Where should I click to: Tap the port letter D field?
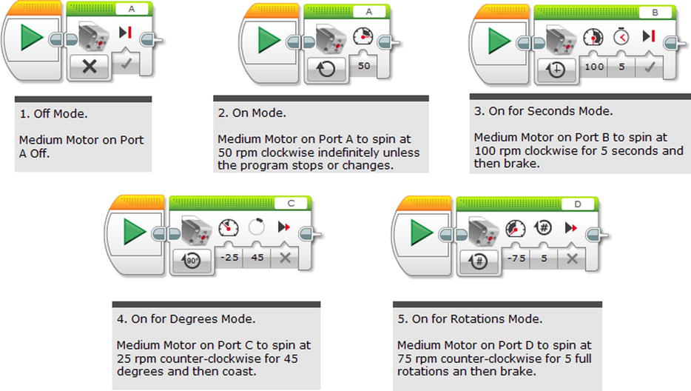pos(576,203)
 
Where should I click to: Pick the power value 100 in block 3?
pos(593,67)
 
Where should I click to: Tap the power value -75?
pos(516,257)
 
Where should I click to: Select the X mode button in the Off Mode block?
pos(90,66)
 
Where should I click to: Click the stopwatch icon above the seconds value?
pos(621,38)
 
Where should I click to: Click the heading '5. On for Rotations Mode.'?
pos(470,319)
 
